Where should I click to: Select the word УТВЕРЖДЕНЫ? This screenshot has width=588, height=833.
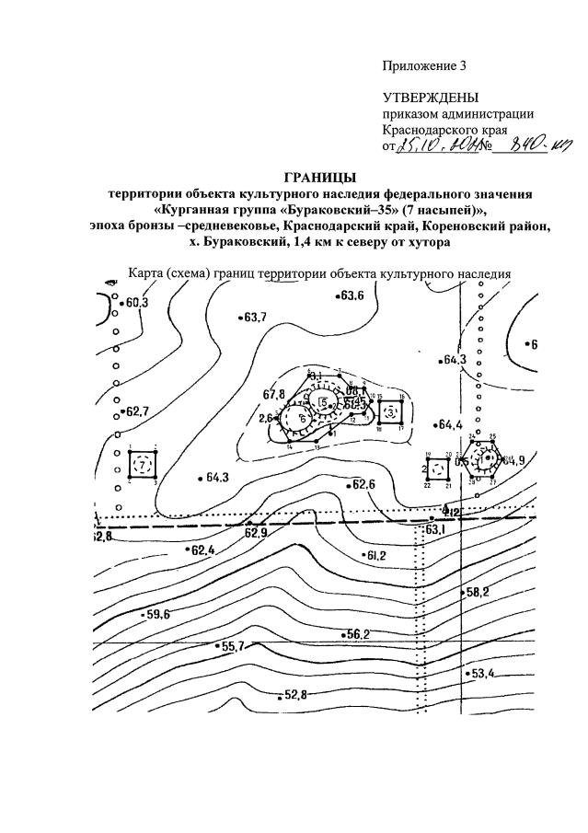[431, 98]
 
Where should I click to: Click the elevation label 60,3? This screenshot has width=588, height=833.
[137, 303]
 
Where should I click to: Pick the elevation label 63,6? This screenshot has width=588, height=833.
[352, 295]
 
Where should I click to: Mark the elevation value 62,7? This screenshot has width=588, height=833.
[137, 411]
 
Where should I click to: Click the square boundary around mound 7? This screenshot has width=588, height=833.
[143, 465]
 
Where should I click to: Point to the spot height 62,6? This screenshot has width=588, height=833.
[364, 485]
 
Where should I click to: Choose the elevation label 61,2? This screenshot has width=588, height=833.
[375, 556]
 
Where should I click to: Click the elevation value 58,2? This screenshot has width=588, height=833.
[478, 592]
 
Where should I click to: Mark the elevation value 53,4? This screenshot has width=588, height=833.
[483, 675]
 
